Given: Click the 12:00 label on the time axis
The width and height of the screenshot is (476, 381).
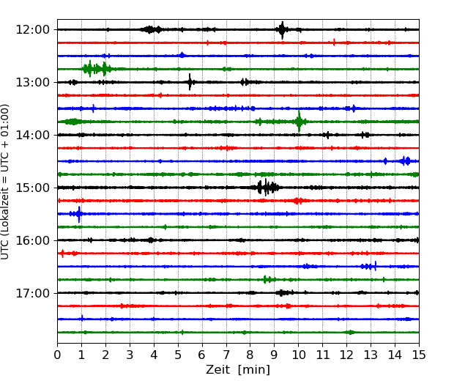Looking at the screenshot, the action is coord(32,30).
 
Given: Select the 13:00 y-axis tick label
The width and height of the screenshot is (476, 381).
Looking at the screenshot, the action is coord(32,82).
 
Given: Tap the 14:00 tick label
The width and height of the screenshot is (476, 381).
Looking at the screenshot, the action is coord(32,135).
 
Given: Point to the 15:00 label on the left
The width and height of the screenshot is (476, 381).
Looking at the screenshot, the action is coord(32,188).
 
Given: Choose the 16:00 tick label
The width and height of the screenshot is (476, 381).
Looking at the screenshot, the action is coord(32,240).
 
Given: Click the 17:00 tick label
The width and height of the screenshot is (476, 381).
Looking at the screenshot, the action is coord(32,293).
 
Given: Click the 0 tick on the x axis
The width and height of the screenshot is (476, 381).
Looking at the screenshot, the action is coord(57,355).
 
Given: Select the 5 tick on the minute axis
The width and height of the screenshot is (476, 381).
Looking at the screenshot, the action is coord(178,355).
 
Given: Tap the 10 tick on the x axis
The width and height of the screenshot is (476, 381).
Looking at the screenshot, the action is coord(298,355).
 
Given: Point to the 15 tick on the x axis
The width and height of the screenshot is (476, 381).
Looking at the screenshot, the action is coord(419,355).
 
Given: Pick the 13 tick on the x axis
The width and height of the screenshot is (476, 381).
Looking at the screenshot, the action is coord(371,355).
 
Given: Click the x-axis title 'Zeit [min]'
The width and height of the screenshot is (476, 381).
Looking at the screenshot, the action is coord(238,370).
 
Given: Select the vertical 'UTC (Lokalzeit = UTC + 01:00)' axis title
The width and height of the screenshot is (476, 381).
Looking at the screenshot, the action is coord(5,182).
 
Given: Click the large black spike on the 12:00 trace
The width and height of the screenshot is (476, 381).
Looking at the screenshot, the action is coord(283,30).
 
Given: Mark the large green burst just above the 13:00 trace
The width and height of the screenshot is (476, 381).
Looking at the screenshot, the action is coord(97,69).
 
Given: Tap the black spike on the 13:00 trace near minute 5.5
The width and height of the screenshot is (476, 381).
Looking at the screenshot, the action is coord(190,82).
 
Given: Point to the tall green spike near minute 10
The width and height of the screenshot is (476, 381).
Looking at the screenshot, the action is coord(299,121).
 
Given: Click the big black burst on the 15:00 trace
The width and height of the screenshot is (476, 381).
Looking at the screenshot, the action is coord(267,188).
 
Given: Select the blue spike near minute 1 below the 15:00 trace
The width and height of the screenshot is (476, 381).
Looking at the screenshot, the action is coord(79,214).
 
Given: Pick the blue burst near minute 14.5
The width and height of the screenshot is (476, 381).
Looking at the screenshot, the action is coord(405,160).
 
